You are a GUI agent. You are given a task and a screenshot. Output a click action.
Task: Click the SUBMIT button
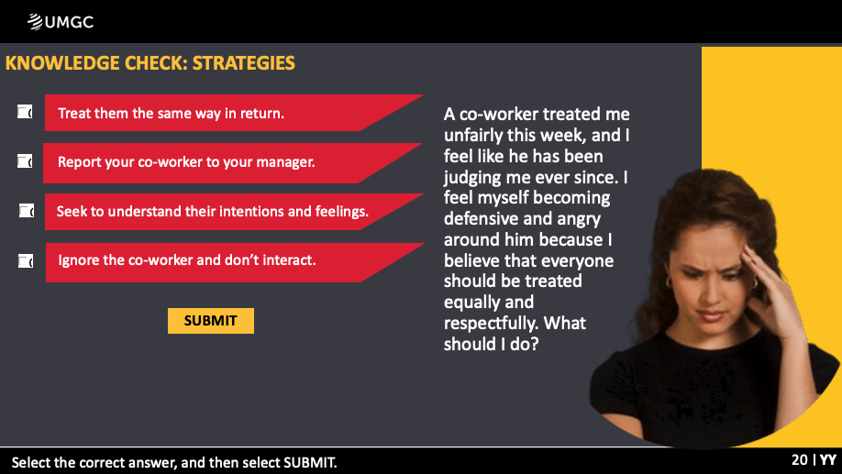tap(211, 321)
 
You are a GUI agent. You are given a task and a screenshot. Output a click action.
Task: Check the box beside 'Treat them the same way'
tap(25, 112)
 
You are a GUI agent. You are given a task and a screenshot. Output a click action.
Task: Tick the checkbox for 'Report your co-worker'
tap(25, 161)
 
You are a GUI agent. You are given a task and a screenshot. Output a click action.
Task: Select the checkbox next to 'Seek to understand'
tap(27, 211)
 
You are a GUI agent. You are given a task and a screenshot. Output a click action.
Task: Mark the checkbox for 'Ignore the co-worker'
tap(26, 261)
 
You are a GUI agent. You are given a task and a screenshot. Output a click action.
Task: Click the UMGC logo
tap(61, 22)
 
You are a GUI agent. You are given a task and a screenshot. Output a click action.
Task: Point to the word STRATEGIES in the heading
tap(244, 63)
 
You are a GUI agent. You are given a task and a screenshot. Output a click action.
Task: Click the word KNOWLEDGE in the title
tap(62, 63)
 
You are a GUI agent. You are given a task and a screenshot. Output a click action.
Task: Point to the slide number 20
tap(800, 460)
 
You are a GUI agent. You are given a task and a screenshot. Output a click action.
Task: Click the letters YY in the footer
tap(828, 460)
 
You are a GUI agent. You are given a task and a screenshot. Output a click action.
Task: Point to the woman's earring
tap(670, 281)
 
